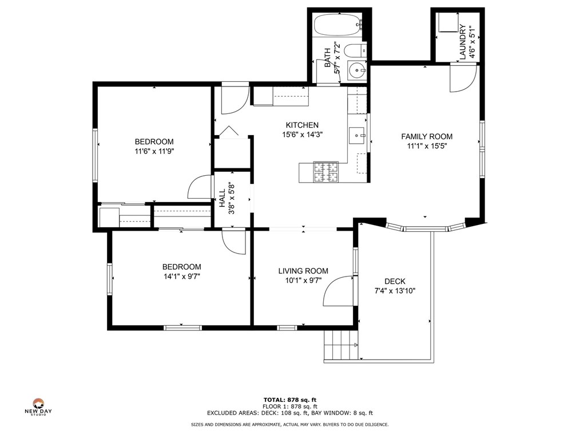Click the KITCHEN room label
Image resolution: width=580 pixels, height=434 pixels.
tap(302, 125)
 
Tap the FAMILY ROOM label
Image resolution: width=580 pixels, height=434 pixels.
tap(426, 136)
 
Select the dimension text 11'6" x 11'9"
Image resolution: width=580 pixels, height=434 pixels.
tap(154, 152)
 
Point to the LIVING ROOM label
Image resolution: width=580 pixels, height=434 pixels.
tap(303, 271)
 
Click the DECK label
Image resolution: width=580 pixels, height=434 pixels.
tap(395, 281)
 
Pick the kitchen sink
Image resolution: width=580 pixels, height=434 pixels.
tap(357, 136)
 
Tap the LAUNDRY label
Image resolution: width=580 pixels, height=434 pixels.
tap(463, 43)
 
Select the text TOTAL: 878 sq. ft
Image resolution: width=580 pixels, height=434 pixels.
tap(289, 400)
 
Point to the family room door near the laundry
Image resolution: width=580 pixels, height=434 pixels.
tap(462, 78)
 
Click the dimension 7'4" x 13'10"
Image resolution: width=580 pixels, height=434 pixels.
tap(395, 291)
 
